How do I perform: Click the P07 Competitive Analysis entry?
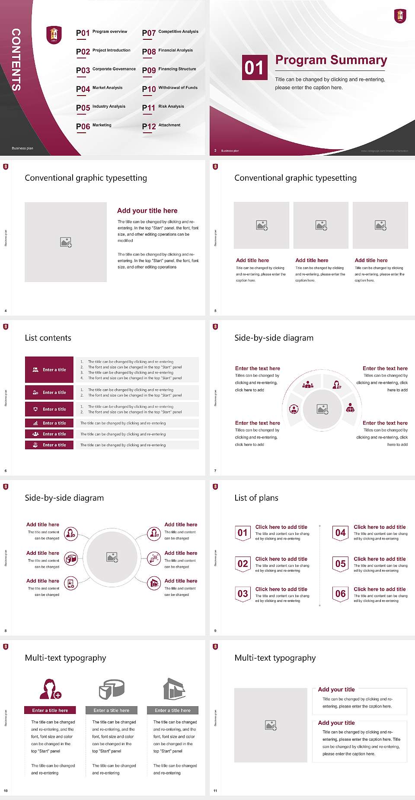(170, 32)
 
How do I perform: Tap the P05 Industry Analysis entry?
(101, 107)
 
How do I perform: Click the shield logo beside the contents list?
(54, 35)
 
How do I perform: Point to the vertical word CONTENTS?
(16, 59)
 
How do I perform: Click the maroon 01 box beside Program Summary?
(254, 67)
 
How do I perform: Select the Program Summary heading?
(331, 60)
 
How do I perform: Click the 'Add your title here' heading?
(147, 211)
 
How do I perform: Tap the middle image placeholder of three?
(321, 225)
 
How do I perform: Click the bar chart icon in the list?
(35, 423)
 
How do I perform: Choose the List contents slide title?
(48, 338)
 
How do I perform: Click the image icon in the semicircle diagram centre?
(322, 409)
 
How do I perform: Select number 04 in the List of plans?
(341, 533)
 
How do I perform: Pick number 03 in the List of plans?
(243, 594)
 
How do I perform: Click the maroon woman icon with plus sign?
(50, 689)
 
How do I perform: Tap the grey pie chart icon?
(112, 689)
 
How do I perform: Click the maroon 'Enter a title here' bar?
(50, 710)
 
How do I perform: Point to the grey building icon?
(174, 689)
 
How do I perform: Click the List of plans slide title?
(256, 498)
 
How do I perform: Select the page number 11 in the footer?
(215, 790)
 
